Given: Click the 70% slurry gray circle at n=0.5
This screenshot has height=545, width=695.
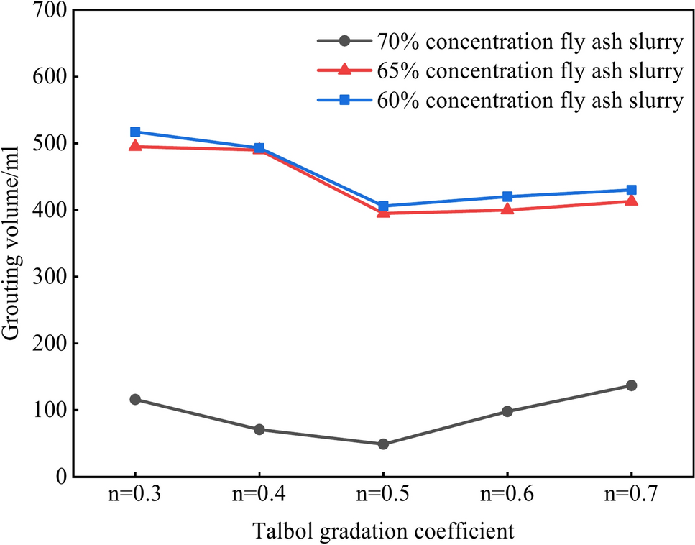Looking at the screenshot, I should pos(383,444).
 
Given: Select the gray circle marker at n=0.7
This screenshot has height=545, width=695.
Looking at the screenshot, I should pos(631,385).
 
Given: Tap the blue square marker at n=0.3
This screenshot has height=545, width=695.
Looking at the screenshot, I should pos(135,132).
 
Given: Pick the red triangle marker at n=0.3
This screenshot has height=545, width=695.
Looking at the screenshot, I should pos(135,146).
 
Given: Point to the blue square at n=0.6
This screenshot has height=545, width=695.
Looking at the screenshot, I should pos(507,196).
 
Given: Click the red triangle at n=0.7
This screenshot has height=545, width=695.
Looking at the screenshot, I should pos(631,201).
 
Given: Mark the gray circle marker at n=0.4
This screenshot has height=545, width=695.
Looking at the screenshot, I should pos(259,429).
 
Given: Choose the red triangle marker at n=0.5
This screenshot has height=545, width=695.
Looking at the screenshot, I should pos(383,212).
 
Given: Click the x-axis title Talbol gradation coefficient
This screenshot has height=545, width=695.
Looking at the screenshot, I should pos(383,531).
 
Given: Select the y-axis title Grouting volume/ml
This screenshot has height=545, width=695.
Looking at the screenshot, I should pos(12,242).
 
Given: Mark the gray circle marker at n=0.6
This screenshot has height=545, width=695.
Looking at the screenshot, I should pos(507,411).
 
